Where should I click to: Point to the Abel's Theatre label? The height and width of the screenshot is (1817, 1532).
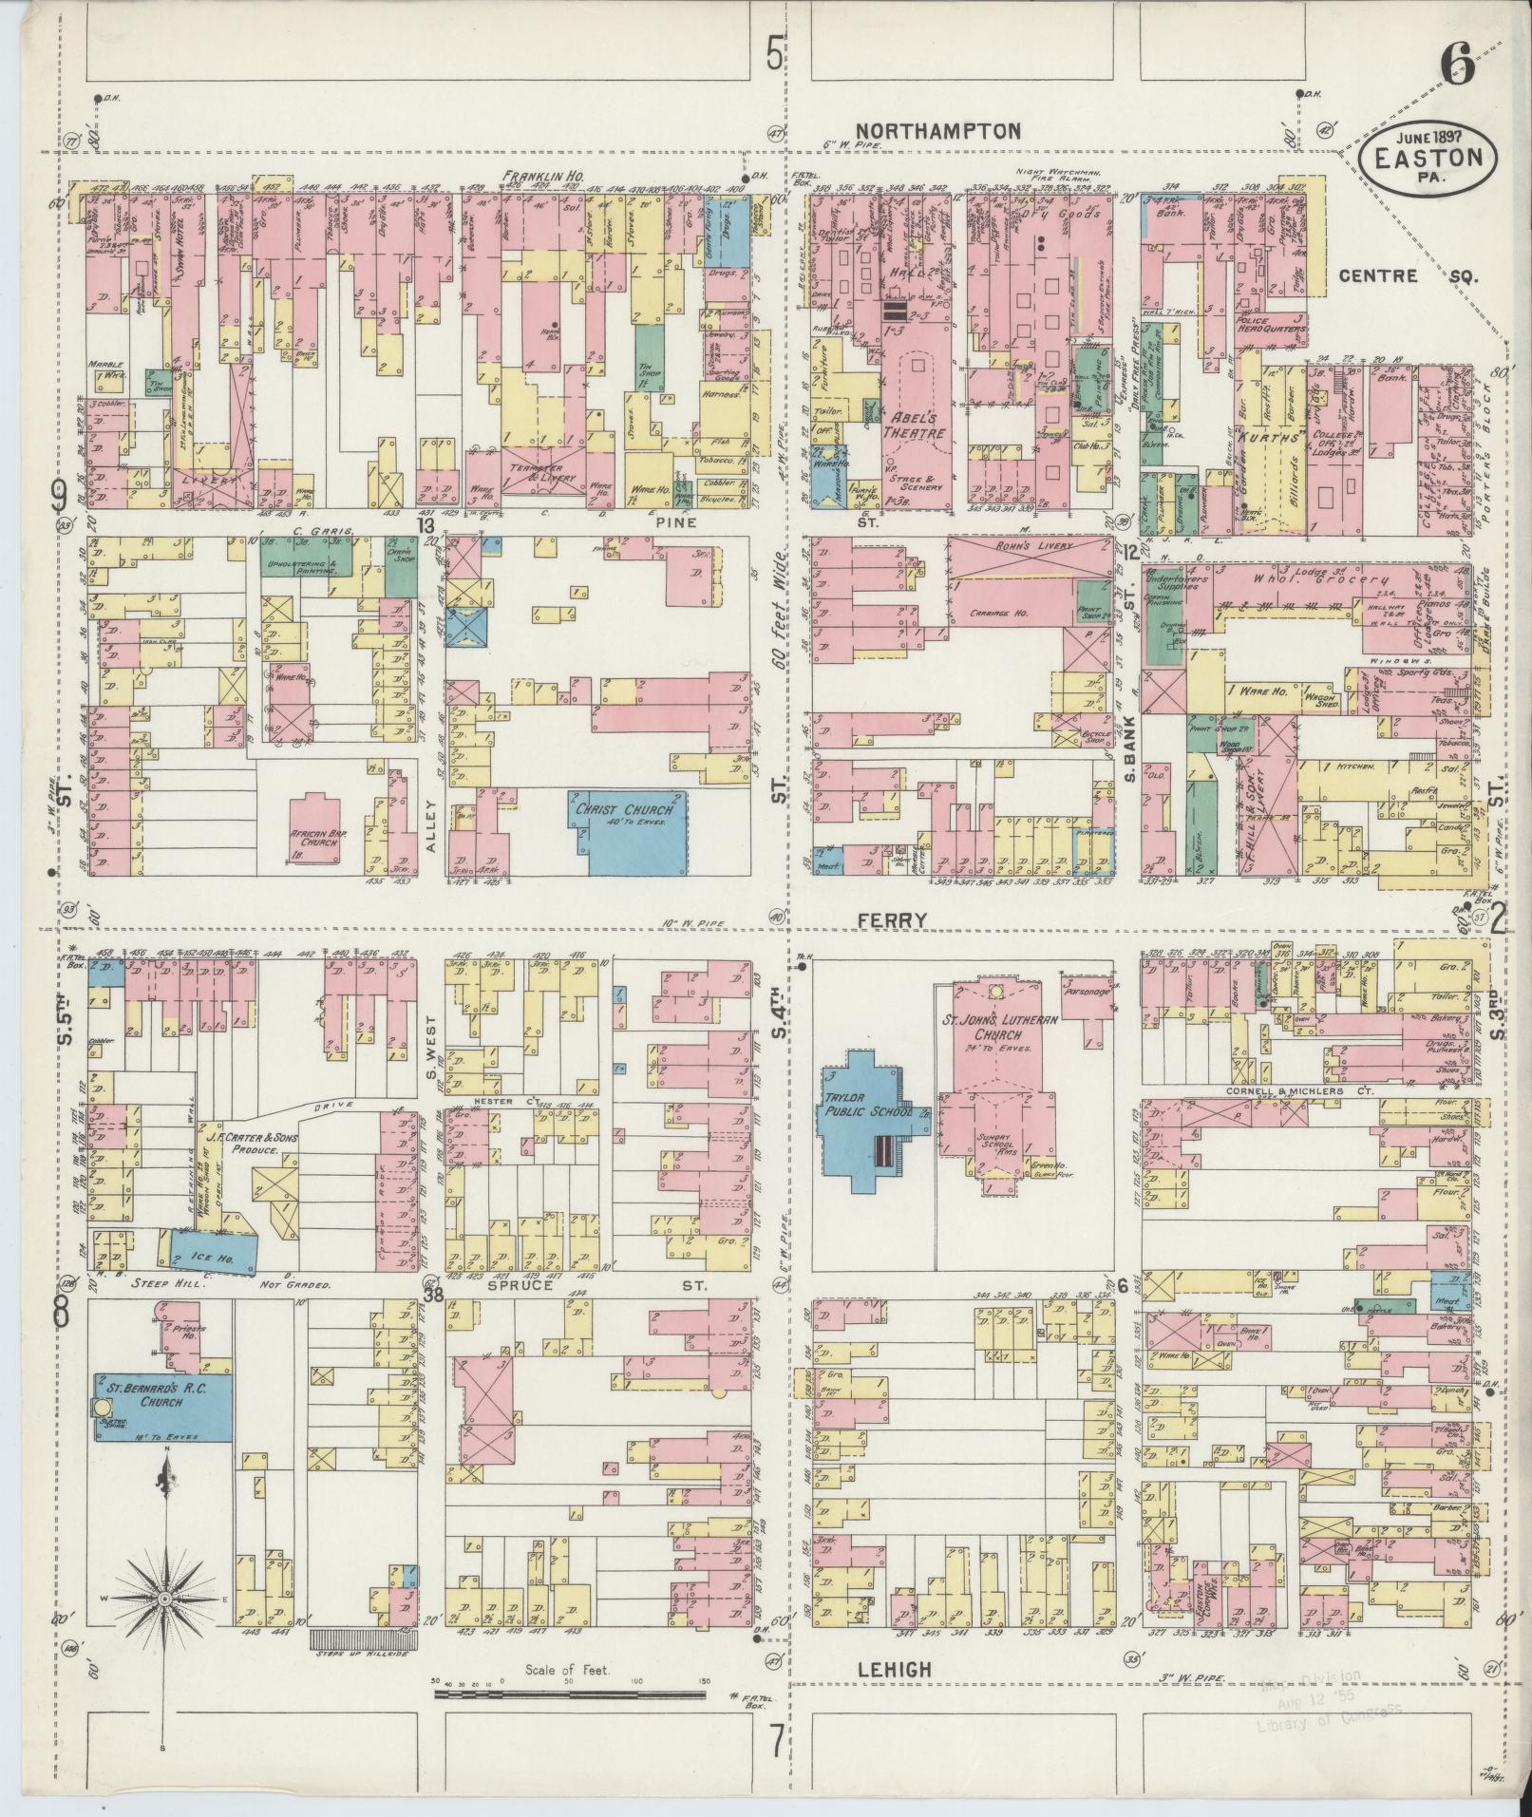pos(916,423)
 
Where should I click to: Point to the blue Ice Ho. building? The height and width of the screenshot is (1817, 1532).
pos(214,1250)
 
